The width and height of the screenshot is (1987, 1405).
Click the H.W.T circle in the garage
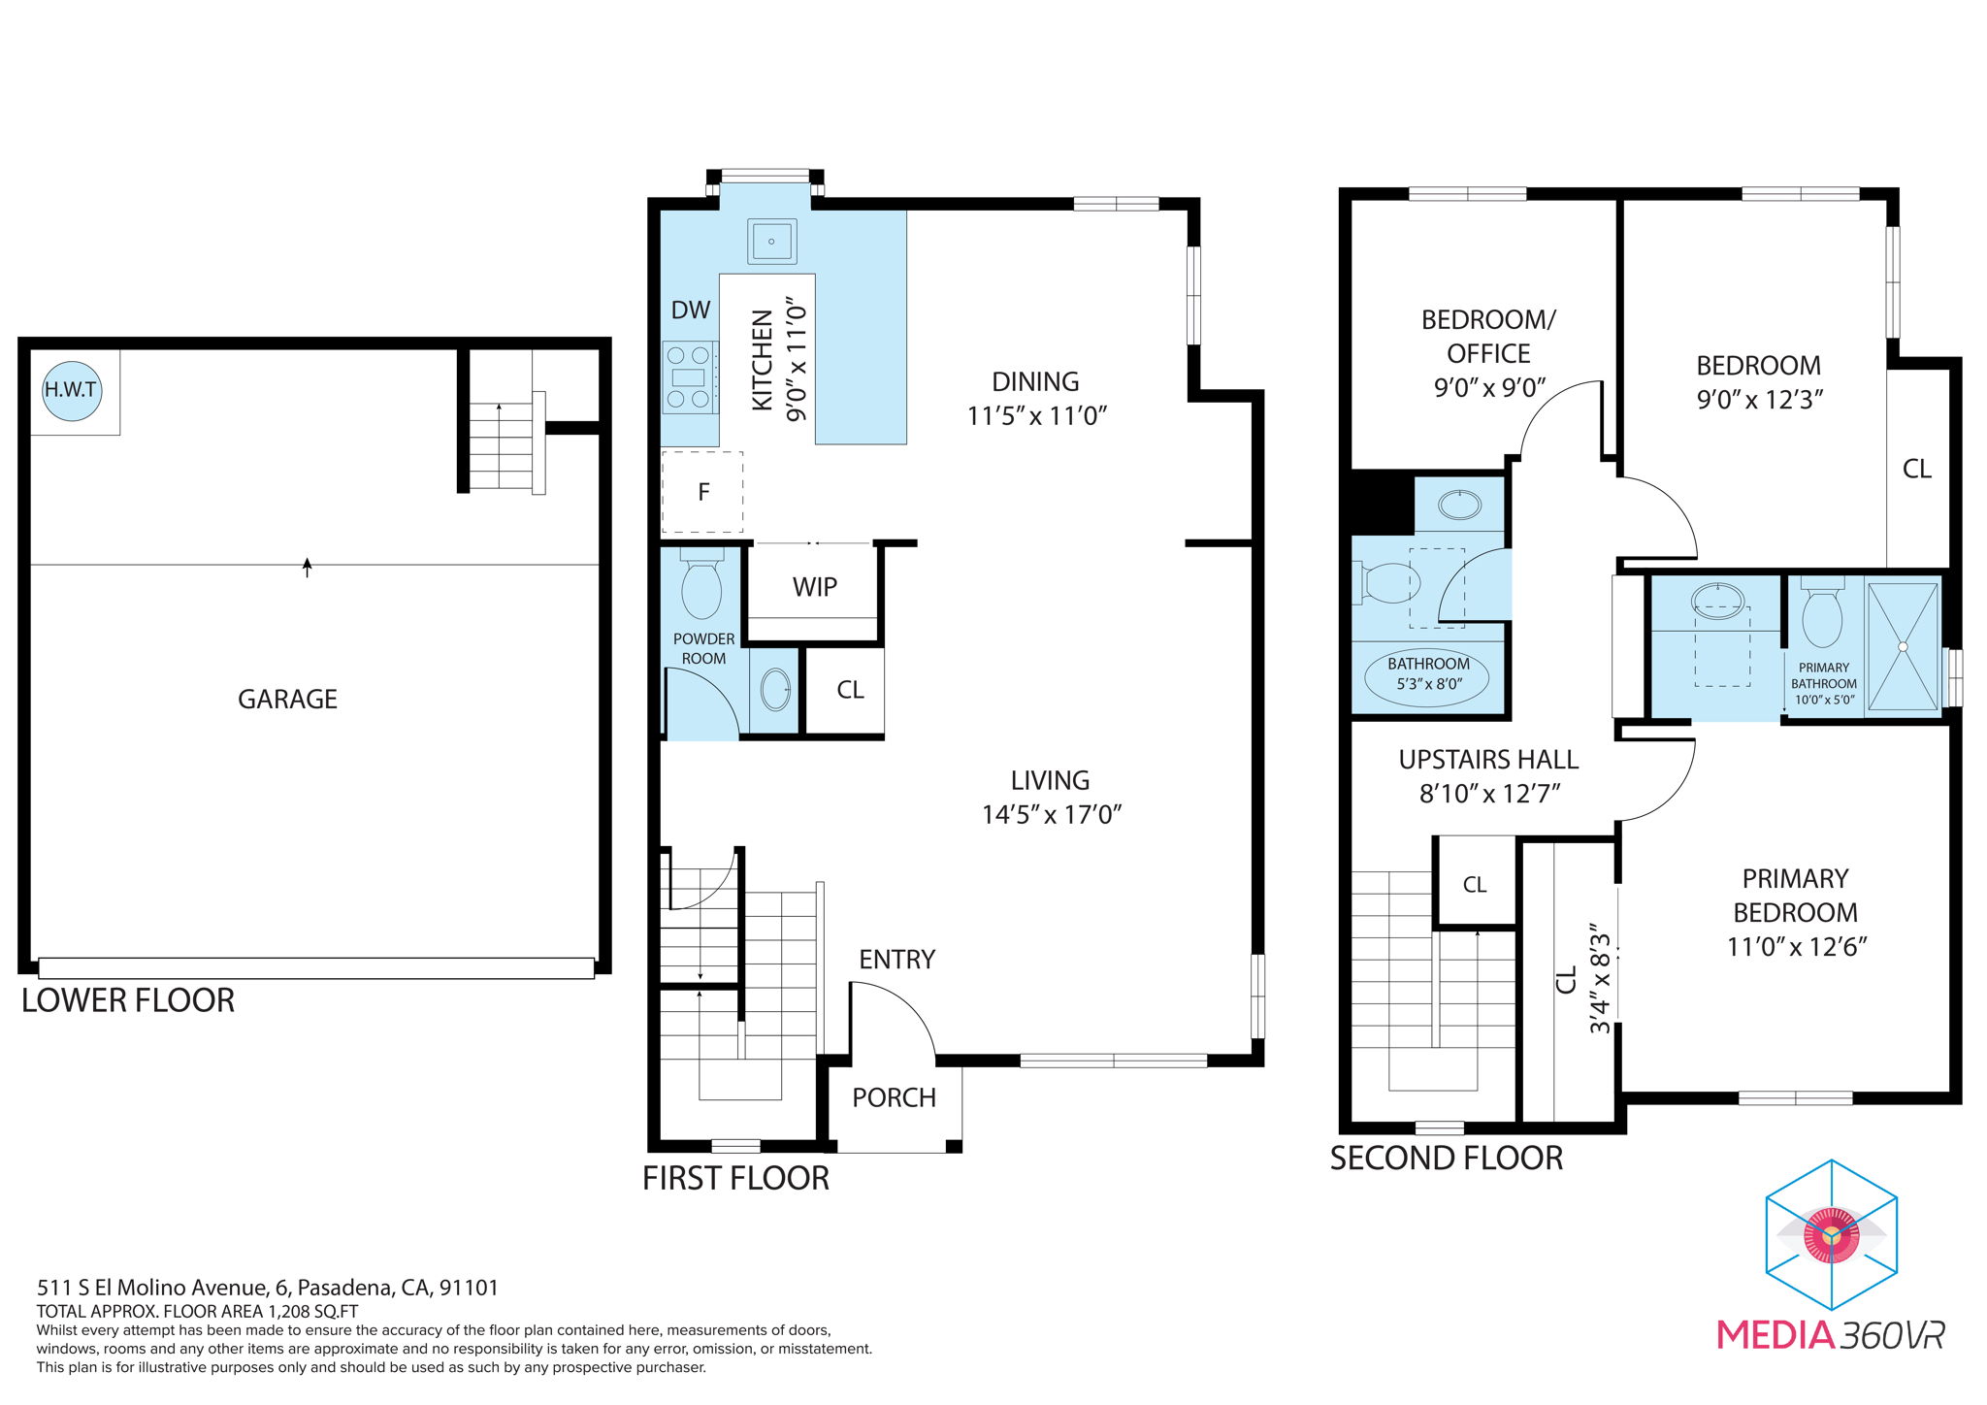pos(72,390)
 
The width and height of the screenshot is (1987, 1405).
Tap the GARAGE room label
pos(287,699)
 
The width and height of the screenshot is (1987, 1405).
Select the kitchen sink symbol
pos(771,241)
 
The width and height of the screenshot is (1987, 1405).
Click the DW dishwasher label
pos(691,310)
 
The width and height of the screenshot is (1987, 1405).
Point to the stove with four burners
pos(689,377)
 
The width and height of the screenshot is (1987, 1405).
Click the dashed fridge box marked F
pos(702,492)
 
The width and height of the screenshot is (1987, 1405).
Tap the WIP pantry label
pos(814,587)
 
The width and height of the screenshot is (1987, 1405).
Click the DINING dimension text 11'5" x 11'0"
pos(1036,416)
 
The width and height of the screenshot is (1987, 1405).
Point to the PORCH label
pos(894,1097)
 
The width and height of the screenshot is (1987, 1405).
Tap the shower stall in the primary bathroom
pos(1903,645)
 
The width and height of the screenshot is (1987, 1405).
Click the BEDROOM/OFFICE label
pos(1488,337)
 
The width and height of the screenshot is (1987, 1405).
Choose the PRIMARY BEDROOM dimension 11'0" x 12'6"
pos(1797,947)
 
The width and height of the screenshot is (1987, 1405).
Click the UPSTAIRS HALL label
pos(1488,760)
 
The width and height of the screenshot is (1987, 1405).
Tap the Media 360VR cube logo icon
pos(1831,1234)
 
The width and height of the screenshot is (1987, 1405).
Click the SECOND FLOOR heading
pos(1446,1159)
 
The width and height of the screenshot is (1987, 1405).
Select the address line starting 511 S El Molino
pos(268,1288)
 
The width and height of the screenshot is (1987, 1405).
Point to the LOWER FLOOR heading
pos(128,1000)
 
